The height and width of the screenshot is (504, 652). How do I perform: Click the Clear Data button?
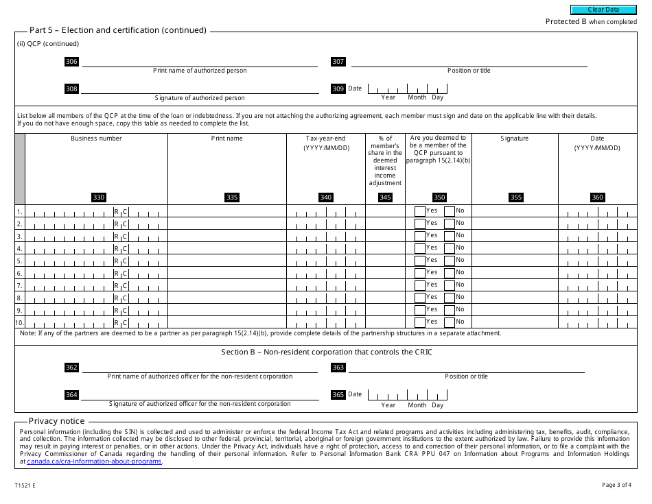(x=603, y=10)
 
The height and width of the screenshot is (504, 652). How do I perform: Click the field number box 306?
(x=71, y=62)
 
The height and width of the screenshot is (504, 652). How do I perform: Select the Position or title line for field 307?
(x=468, y=62)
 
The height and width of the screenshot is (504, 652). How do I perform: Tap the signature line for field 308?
(x=199, y=89)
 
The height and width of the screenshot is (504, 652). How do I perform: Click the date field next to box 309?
(x=408, y=88)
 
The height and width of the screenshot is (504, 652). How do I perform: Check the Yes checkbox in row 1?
(x=420, y=211)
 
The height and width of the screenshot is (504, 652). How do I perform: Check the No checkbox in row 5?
(x=450, y=261)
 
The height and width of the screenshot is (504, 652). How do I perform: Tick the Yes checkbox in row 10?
(x=420, y=322)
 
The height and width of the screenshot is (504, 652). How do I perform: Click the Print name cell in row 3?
(x=226, y=235)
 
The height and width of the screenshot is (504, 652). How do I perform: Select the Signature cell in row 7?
(x=515, y=285)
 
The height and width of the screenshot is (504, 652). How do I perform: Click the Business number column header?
(x=96, y=139)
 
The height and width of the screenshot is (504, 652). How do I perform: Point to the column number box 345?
(x=385, y=197)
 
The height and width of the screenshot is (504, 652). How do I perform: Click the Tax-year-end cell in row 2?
(x=326, y=224)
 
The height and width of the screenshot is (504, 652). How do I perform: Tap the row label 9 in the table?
(x=20, y=310)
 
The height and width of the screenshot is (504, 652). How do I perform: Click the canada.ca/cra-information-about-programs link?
(x=95, y=461)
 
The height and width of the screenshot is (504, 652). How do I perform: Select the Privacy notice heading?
(x=57, y=421)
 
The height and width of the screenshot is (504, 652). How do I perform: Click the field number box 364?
(x=71, y=395)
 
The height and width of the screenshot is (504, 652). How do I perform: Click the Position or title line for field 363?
(x=467, y=368)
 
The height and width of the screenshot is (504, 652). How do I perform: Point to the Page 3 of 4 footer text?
(x=616, y=485)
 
